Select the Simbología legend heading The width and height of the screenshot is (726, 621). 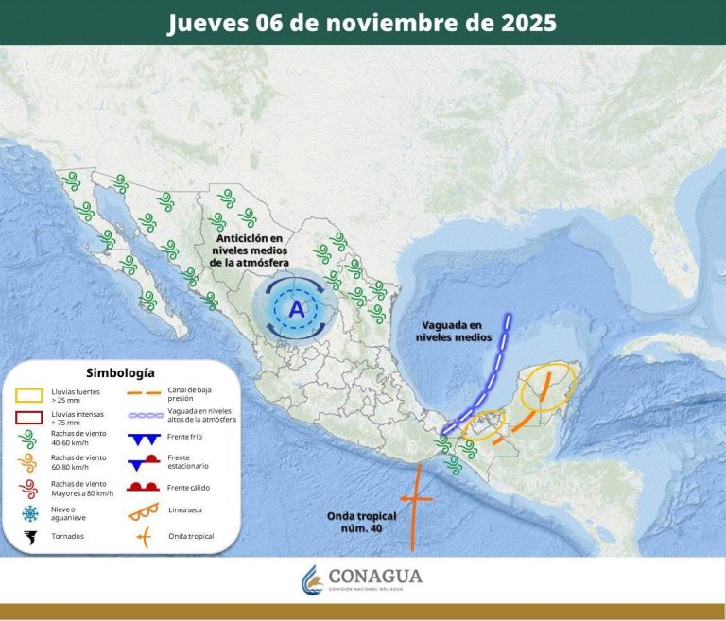click(120, 372)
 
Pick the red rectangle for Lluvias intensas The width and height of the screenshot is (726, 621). click(32, 416)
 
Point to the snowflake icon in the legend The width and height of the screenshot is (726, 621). click(30, 513)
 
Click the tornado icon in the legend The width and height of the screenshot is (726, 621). click(30, 537)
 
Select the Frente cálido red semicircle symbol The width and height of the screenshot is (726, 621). click(145, 487)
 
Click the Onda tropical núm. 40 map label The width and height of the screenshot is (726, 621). click(361, 522)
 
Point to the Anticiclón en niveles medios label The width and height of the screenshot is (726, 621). click(250, 250)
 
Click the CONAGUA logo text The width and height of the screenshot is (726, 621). click(375, 577)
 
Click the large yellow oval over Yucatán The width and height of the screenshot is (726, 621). click(546, 388)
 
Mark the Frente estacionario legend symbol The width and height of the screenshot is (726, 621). click(145, 463)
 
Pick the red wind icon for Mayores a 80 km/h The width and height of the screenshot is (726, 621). click(30, 489)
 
